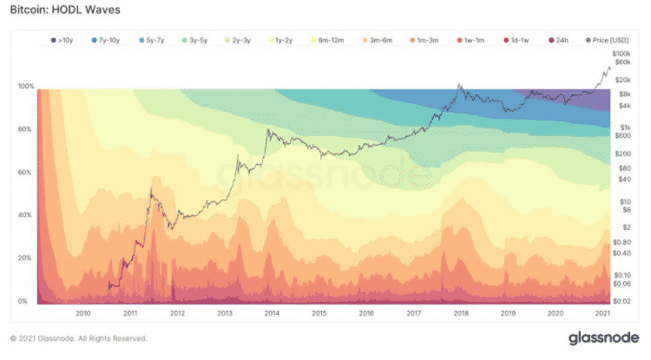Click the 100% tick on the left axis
pos(25,87)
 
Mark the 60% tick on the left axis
pos(25,173)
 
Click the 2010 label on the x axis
pos(83,314)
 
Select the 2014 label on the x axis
pos(273,314)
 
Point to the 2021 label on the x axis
pos(602,314)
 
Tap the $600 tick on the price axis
pos(622,135)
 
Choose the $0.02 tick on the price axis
pos(621,299)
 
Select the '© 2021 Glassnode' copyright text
pos(78,338)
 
